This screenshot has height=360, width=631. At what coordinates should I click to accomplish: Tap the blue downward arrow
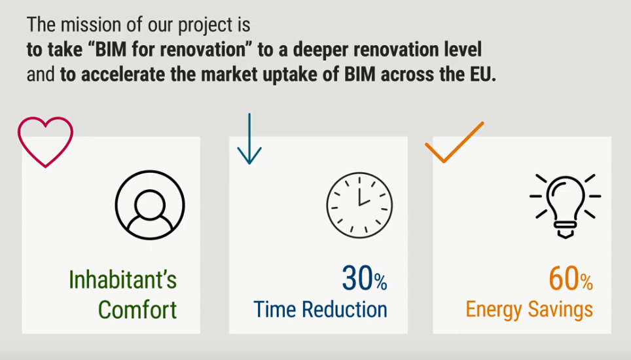[x=249, y=139]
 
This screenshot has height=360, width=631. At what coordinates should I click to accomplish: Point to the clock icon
[x=359, y=205]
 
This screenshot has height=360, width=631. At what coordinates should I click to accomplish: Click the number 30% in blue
[x=365, y=278]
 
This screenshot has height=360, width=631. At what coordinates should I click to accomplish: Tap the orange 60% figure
[x=571, y=278]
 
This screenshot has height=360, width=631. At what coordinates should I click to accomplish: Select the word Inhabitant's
[x=123, y=279]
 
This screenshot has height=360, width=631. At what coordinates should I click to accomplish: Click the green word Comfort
[x=137, y=310]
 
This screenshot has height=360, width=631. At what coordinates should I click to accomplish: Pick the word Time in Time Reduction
[x=275, y=310]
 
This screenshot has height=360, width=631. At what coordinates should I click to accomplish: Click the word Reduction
[x=344, y=310]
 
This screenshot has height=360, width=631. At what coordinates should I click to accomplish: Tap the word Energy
[x=494, y=310]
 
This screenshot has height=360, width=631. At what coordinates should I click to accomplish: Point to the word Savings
[x=560, y=310]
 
